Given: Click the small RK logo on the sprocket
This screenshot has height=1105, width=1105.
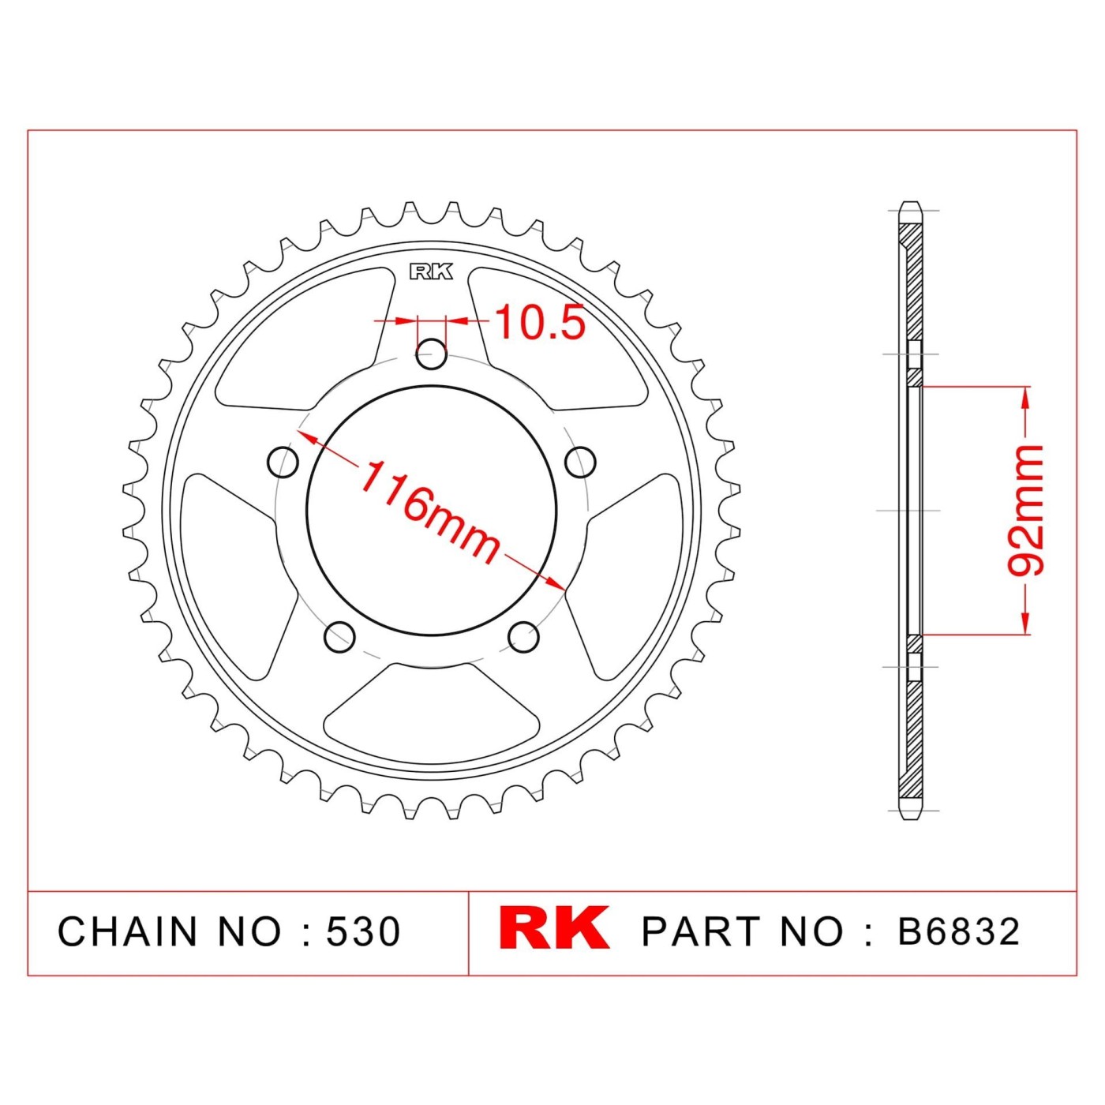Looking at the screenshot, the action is (431, 272).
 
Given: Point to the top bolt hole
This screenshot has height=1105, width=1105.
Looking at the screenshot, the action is (431, 354).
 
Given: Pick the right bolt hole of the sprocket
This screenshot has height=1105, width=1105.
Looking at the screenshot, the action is (580, 461).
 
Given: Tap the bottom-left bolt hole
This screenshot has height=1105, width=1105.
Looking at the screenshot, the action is (340, 635).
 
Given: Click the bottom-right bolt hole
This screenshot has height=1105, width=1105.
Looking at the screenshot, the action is (524, 635).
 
